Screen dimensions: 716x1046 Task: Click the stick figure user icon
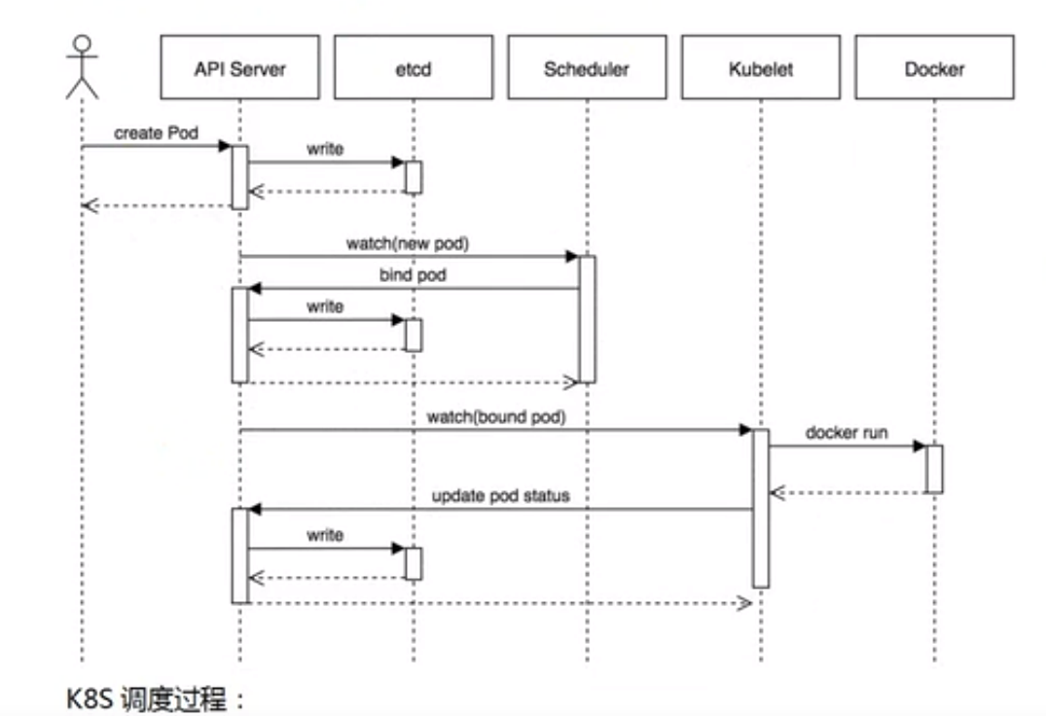pos(83,65)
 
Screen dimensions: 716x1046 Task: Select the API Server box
pos(239,68)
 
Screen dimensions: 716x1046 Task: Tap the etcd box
pos(414,68)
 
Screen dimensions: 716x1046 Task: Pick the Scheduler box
pos(587,68)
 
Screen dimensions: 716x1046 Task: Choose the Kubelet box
pos(761,68)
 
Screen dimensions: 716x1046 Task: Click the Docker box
pos(934,68)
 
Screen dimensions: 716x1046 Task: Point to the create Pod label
pos(156,132)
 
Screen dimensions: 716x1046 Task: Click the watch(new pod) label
pos(407,243)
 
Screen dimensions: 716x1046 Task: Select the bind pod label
pos(413,275)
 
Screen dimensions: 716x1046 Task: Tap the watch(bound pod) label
pos(496,416)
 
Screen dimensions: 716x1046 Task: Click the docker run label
pos(846,433)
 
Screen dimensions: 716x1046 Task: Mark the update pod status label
pos(500,495)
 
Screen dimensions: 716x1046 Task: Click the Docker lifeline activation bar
pos(934,469)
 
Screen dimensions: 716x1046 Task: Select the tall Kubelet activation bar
pos(761,508)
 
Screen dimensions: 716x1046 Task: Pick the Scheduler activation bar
pos(587,319)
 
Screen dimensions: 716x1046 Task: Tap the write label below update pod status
pos(325,535)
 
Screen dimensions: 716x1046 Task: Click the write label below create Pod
pos(325,149)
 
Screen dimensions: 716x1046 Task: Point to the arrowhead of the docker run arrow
pos(920,446)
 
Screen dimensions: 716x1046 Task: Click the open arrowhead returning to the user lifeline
pos(90,205)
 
